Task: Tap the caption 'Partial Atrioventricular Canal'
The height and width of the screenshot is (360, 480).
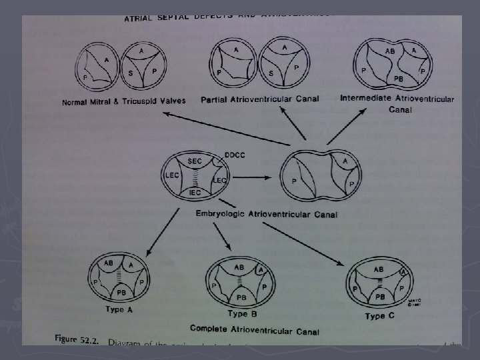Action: (260, 99)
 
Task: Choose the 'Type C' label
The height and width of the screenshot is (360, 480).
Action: (379, 315)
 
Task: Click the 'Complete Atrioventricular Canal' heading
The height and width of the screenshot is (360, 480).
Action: (254, 329)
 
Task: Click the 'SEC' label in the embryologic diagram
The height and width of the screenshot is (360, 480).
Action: (195, 162)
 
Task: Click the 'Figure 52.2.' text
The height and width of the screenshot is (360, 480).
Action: (74, 339)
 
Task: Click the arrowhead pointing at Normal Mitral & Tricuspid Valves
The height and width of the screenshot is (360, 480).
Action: (168, 115)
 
